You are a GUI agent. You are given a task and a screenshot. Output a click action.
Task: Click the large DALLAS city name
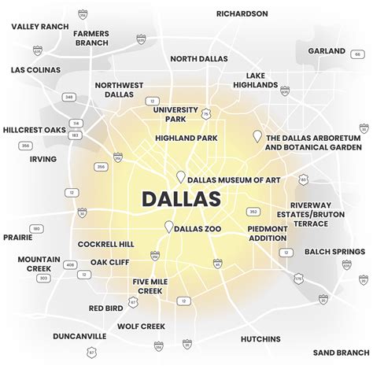tap(180, 198)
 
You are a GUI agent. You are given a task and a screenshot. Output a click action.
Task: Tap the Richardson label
tap(242, 13)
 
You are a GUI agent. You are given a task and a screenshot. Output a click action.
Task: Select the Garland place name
tap(327, 50)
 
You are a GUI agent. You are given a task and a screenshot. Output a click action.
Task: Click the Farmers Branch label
tap(92, 39)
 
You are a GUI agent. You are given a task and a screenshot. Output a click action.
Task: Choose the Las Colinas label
tap(36, 70)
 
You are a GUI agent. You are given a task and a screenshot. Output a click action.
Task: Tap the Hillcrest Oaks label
tap(33, 129)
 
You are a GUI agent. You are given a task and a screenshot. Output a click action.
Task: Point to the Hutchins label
tap(260, 339)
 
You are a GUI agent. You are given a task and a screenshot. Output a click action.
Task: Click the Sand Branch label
tap(338, 353)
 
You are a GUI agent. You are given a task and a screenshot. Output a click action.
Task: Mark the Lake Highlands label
tap(253, 81)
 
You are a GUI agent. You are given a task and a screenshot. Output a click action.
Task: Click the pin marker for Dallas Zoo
tap(168, 227)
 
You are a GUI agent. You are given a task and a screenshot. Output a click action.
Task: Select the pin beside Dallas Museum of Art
tap(180, 177)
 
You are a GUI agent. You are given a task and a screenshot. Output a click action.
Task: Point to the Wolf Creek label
tap(140, 325)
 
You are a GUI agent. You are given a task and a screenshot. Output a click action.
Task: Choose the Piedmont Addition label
tap(268, 234)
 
